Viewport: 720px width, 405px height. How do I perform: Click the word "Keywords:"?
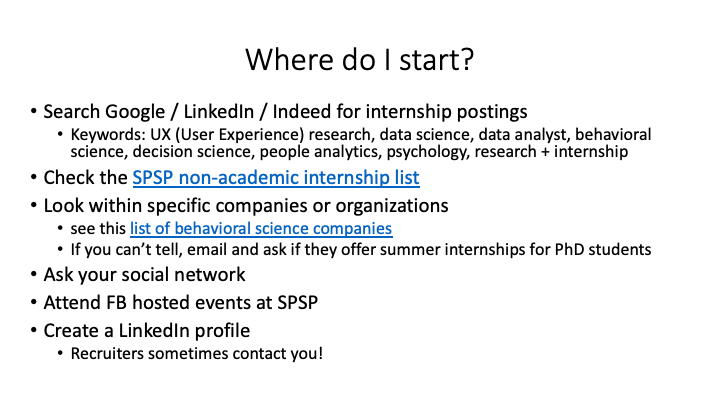coord(100,134)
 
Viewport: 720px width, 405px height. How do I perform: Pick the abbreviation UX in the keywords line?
coord(147,134)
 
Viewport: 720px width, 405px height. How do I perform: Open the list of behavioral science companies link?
coord(261,228)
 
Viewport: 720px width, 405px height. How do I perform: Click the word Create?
coord(73,330)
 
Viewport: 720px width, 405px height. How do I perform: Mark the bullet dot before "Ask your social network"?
coord(34,275)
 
